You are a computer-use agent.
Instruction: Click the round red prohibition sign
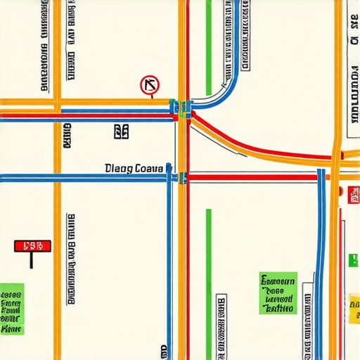click(x=150, y=86)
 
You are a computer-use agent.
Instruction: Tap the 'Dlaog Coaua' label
click(x=134, y=169)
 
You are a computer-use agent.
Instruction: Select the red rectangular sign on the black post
click(x=32, y=246)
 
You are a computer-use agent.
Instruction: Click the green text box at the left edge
click(x=11, y=309)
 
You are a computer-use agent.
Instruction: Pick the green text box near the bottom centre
click(x=278, y=293)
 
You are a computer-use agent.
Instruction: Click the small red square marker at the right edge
click(x=353, y=195)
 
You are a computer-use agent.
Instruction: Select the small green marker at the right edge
click(x=353, y=260)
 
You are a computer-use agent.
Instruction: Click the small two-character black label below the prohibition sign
click(x=121, y=130)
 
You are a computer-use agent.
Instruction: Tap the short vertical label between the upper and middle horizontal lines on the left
click(x=67, y=137)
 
